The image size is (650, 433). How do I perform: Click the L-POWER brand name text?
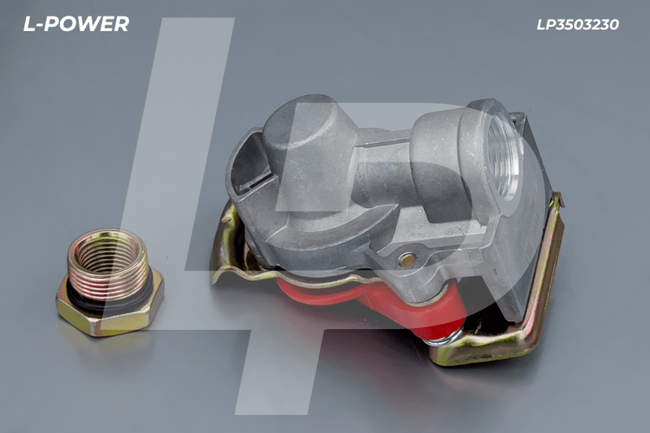click(76, 24)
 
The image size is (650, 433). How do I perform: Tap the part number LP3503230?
click(578, 25)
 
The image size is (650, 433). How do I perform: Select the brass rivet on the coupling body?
click(407, 260)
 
